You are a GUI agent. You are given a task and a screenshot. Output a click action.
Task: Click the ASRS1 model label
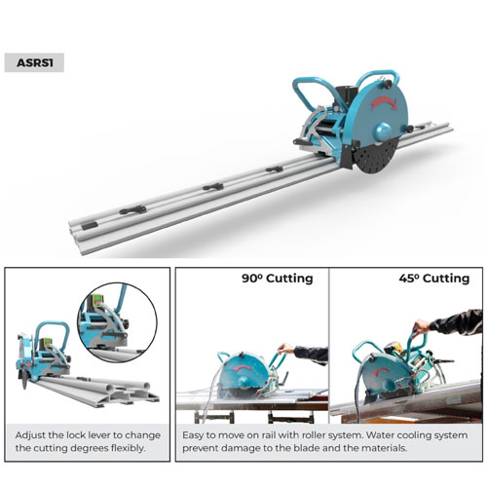click(34, 62)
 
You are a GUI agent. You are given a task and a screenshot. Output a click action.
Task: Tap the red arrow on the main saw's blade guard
click(384, 102)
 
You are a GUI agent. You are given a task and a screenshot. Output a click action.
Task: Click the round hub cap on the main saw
click(383, 131)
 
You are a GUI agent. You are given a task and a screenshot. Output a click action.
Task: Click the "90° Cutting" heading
click(278, 279)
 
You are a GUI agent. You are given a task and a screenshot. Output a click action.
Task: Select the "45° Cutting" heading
click(434, 279)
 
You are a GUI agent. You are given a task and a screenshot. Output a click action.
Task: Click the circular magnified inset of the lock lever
click(117, 322)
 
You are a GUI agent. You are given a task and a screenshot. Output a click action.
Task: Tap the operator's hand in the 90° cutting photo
click(285, 349)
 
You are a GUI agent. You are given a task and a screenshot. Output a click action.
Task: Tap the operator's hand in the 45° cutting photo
click(421, 325)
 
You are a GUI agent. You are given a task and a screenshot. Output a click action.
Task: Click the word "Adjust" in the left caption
click(30, 435)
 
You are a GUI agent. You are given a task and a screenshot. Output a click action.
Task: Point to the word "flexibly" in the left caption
click(128, 448)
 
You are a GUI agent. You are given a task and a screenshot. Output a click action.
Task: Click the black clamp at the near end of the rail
click(90, 225)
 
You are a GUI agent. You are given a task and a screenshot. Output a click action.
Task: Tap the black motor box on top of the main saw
click(346, 96)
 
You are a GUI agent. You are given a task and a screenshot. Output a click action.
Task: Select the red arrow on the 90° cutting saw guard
click(243, 368)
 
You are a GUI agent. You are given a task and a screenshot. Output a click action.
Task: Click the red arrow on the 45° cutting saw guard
click(382, 372)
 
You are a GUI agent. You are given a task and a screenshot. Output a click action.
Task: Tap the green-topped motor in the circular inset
click(96, 300)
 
